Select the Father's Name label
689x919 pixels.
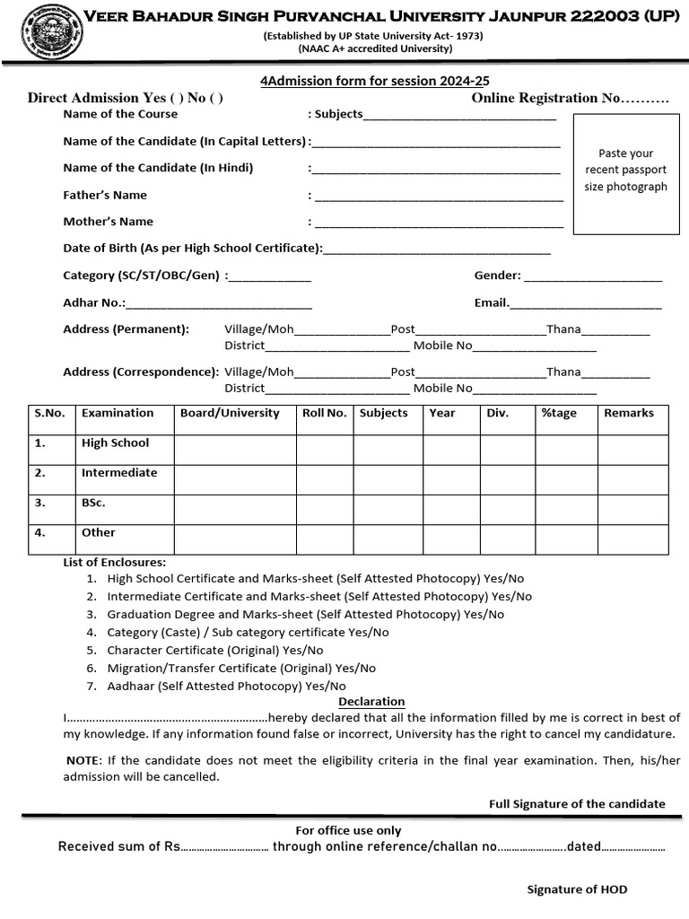(x=105, y=195)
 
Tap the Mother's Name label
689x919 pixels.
(x=108, y=222)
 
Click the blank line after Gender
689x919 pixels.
(x=592, y=276)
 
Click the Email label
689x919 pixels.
(x=492, y=302)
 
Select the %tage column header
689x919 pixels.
(x=559, y=413)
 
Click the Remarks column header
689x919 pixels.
(x=629, y=413)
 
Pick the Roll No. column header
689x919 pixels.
(x=324, y=413)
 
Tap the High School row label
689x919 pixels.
(x=115, y=443)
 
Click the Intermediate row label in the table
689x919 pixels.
(x=118, y=473)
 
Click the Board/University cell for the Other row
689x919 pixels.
(x=234, y=539)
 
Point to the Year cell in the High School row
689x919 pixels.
(x=451, y=450)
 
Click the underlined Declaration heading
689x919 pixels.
(x=371, y=701)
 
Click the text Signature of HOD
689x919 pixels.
(x=577, y=889)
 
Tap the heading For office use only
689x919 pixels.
(x=348, y=830)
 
